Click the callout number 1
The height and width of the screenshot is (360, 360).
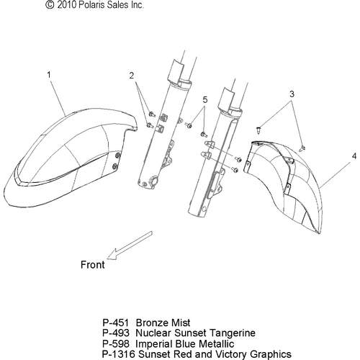coord(49,75)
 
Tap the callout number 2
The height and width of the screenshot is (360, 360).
coord(132,76)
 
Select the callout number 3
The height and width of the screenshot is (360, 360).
coord(292,94)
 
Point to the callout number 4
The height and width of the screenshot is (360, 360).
coord(354,156)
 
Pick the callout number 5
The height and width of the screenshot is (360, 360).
coord(205,99)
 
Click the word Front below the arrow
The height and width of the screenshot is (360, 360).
coord(93,265)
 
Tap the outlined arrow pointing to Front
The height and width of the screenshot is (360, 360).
coord(130,246)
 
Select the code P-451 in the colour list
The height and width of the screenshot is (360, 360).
coord(115,323)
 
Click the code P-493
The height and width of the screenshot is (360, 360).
coord(116,333)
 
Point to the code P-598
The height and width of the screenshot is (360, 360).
coord(116,343)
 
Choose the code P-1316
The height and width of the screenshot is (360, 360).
coord(119,354)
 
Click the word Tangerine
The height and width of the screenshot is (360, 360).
coord(233,333)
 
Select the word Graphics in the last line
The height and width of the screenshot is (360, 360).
coord(271,355)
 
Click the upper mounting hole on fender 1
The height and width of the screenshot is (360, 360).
coord(117,156)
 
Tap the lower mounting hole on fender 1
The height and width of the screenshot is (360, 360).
coord(115,166)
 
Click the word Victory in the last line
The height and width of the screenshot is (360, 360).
coord(232,355)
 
